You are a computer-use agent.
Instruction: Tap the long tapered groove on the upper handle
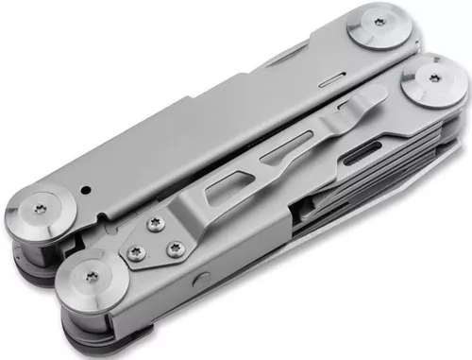pyautogui.click(x=283, y=62)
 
